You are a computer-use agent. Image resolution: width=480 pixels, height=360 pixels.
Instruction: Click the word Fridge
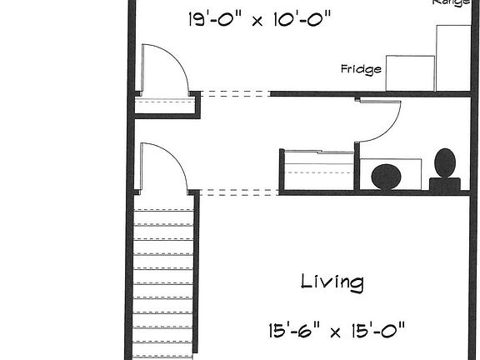(x=361, y=69)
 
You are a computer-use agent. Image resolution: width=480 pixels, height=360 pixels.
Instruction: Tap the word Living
(x=332, y=282)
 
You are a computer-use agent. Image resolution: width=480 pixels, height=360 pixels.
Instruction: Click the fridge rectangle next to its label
(x=408, y=72)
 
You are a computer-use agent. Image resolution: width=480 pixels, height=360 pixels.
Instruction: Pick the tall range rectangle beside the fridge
(x=454, y=57)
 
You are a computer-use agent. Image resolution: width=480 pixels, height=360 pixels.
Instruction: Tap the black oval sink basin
(x=385, y=177)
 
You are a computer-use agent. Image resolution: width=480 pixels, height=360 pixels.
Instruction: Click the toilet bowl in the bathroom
(x=446, y=162)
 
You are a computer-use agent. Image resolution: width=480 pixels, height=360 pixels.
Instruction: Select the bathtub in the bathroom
(x=318, y=170)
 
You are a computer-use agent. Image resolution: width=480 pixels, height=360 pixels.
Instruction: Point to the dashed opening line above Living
(x=239, y=192)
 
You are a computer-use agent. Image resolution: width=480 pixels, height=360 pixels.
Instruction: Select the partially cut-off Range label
(x=451, y=2)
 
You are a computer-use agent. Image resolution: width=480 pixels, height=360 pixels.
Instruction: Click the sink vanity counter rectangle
(x=390, y=174)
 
